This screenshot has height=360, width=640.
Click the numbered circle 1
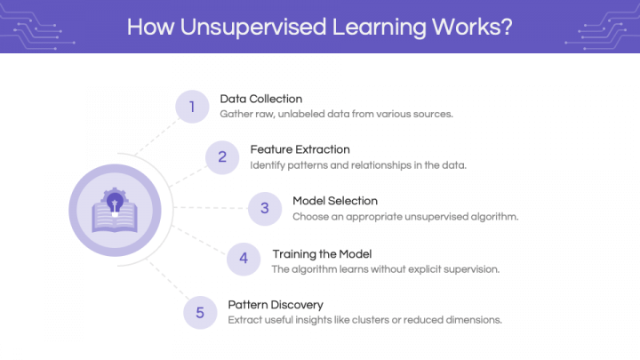(192, 107)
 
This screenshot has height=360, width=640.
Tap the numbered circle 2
(222, 157)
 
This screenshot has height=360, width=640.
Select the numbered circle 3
(265, 209)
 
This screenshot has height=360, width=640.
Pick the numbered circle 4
(244, 259)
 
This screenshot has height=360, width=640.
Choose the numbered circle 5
(200, 313)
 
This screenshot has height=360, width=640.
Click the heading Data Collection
(261, 99)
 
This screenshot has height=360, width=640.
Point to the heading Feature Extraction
(300, 149)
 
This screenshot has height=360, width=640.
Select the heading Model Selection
(335, 201)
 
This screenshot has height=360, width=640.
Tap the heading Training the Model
(322, 254)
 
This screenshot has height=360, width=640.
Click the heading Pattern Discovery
(276, 305)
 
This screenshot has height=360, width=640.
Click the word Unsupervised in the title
(253, 27)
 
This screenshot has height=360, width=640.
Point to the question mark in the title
(507, 26)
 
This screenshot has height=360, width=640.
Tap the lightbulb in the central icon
(115, 203)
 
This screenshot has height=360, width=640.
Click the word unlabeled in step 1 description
(301, 114)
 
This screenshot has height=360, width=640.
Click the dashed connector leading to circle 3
(211, 208)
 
